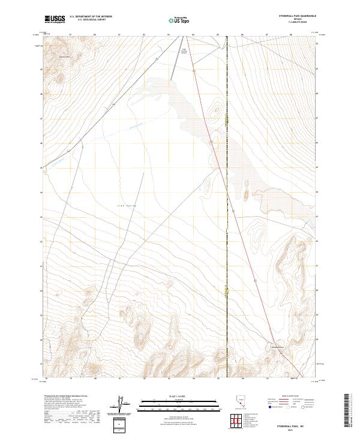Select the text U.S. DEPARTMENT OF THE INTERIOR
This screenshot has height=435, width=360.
point(91,17)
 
